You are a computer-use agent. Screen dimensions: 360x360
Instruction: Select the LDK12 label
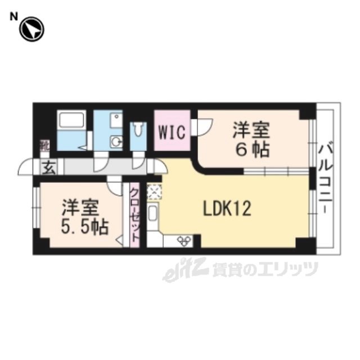pyautogui.click(x=227, y=209)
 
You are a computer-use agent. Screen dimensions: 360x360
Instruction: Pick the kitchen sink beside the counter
pyautogui.click(x=153, y=214)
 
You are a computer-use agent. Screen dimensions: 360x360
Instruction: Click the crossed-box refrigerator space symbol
pyautogui.click(x=154, y=192)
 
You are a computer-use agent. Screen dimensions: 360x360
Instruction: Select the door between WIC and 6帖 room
pyautogui.click(x=202, y=128)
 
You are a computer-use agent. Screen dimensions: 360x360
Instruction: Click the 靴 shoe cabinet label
pyautogui.click(x=44, y=147)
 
